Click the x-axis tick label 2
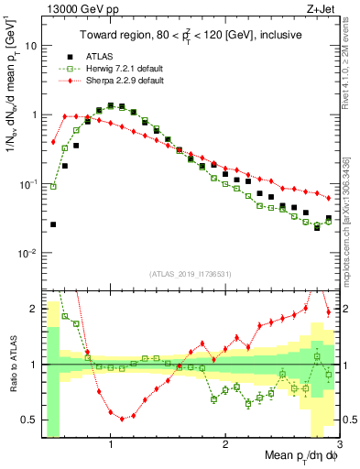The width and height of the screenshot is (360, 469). pos(224,444)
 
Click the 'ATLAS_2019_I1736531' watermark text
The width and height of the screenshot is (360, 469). pos(191,273)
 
